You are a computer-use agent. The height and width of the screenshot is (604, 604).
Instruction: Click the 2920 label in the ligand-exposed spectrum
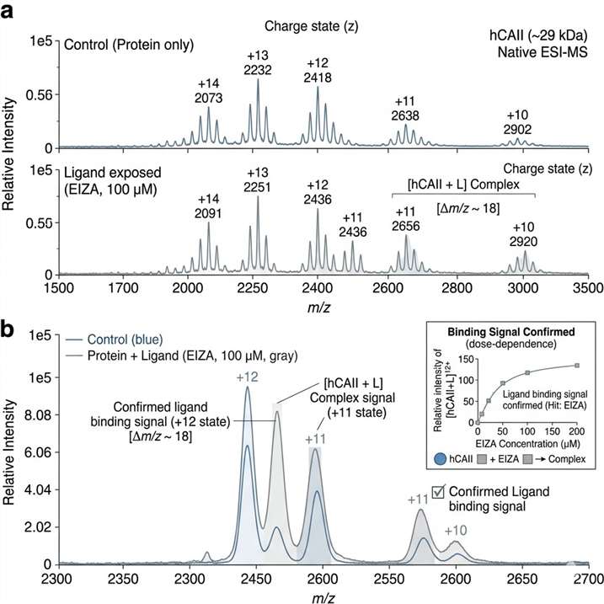[x=524, y=242]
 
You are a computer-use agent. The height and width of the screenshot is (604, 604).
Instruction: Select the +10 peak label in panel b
[x=456, y=530]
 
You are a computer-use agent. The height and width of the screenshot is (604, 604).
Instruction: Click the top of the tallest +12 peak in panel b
[x=248, y=388]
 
